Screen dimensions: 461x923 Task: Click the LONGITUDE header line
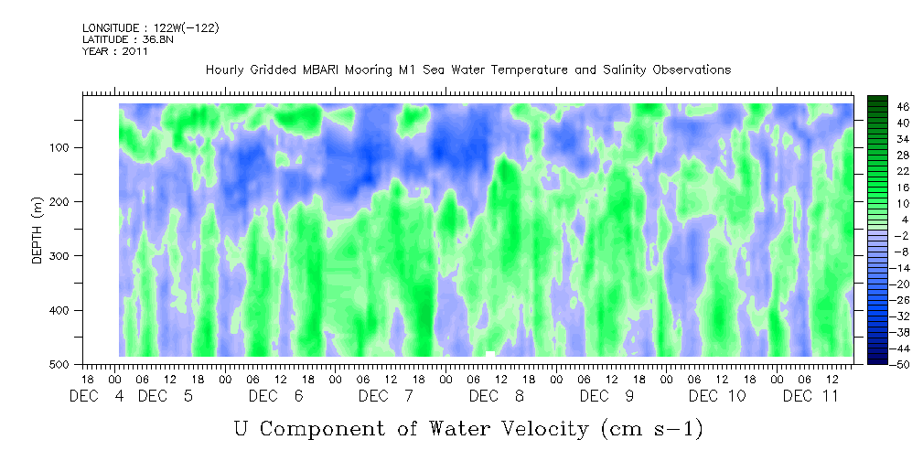coord(150,28)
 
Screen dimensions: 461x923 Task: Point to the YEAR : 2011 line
coord(115,51)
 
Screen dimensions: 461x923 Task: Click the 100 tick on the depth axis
coord(71,147)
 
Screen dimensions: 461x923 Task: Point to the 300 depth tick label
coord(71,256)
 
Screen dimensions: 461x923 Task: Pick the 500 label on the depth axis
coord(71,365)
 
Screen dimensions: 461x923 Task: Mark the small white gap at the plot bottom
coord(490,353)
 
